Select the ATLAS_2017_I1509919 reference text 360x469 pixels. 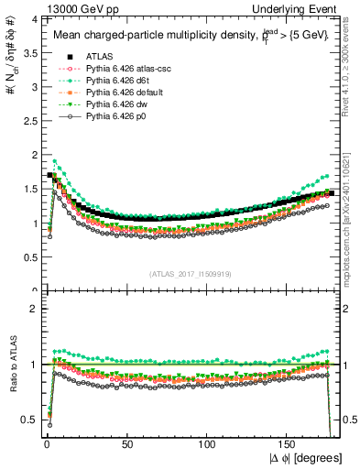pos(189,273)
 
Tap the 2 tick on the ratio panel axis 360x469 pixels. pos(33,309)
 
